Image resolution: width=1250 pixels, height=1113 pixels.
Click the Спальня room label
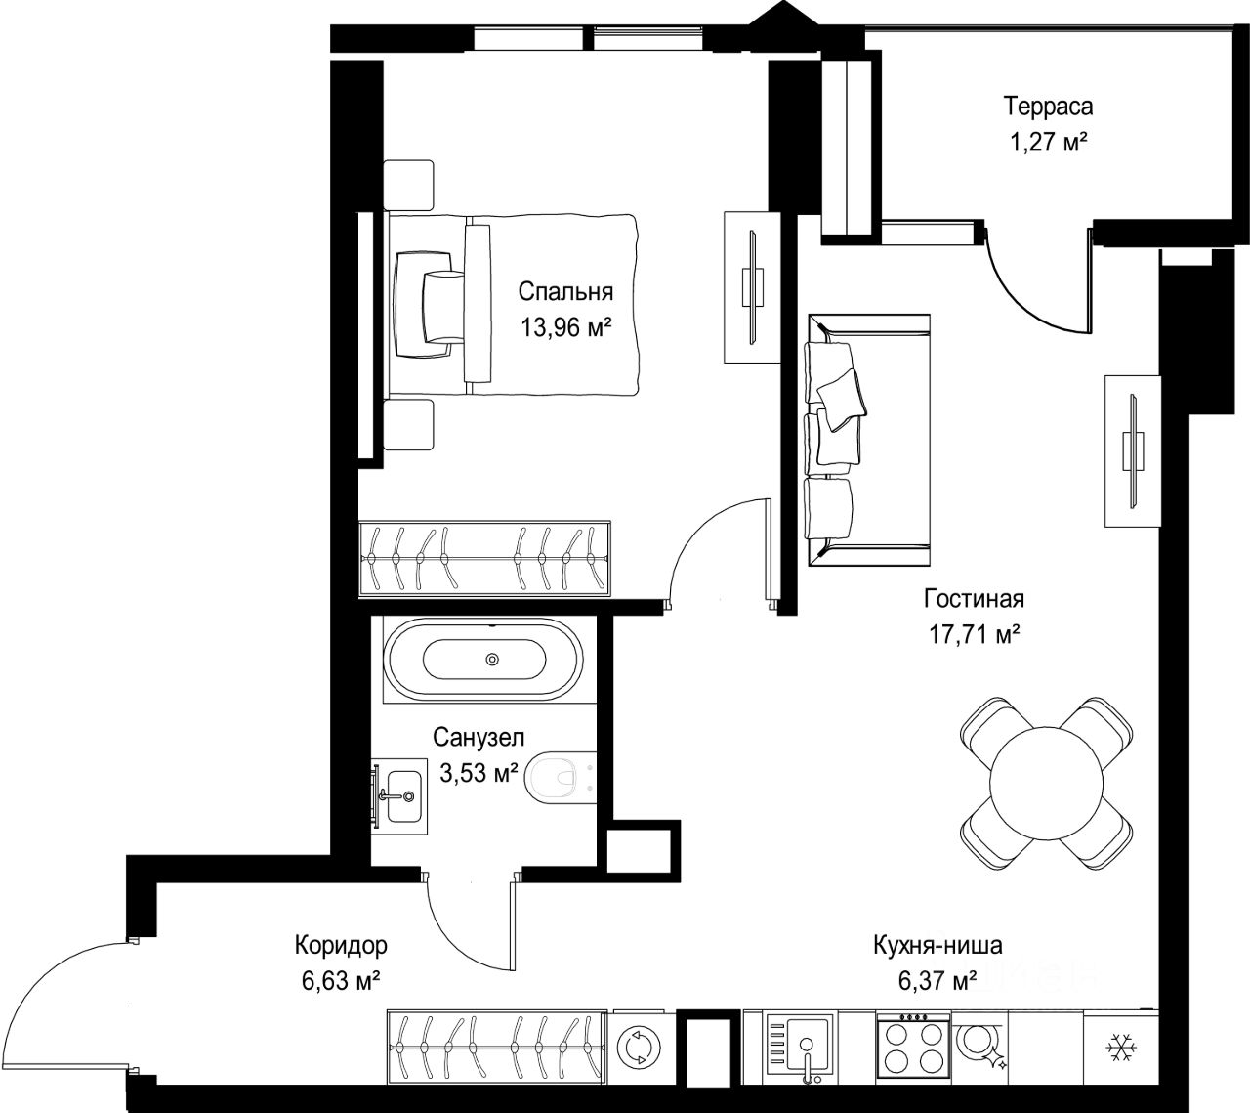tap(565, 292)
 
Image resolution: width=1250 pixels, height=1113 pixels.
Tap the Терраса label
tap(1048, 107)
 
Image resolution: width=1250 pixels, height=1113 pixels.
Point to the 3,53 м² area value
tap(479, 772)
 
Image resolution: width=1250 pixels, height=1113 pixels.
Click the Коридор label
tap(341, 945)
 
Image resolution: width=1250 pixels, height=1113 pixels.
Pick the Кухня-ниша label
tap(937, 945)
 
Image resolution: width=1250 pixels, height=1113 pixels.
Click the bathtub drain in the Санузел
tap(492, 660)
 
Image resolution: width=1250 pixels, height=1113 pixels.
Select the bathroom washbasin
tap(399, 797)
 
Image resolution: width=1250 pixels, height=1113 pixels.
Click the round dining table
tap(1046, 784)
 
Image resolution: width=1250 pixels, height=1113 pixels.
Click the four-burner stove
tap(912, 1047)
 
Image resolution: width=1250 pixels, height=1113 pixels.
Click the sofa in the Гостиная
tap(867, 440)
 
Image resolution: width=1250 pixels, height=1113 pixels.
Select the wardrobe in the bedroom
tap(484, 559)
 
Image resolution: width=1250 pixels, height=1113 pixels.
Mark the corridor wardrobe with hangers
tap(497, 1047)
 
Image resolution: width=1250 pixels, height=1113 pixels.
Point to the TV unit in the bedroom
tap(752, 287)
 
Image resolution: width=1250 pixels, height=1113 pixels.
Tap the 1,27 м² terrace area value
tap(1048, 144)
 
